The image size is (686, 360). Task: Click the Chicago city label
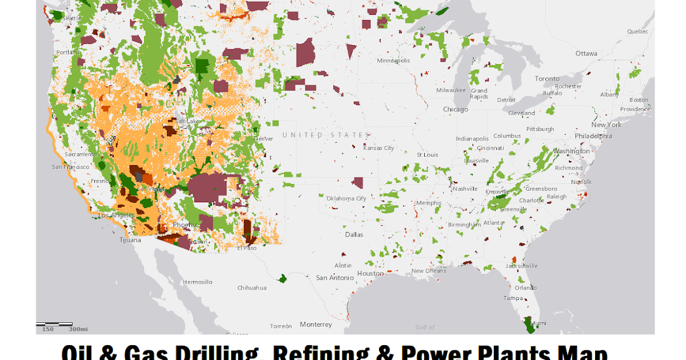tap(455, 109)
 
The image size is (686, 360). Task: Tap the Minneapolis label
tap(393, 61)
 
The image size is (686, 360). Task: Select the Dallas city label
tap(354, 234)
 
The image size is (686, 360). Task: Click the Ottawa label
tap(586, 54)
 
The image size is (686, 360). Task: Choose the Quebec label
tap(637, 31)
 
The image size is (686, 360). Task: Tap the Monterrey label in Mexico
tap(316, 325)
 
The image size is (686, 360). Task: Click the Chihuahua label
tap(252, 288)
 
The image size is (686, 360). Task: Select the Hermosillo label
tap(198, 282)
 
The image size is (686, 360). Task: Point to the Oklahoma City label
tap(346, 198)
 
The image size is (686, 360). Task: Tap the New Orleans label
tap(429, 271)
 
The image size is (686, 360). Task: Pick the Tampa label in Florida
tap(513, 298)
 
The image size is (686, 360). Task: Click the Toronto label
tap(547, 78)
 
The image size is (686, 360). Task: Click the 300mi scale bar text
tap(78, 329)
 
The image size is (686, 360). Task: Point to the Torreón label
tap(281, 326)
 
